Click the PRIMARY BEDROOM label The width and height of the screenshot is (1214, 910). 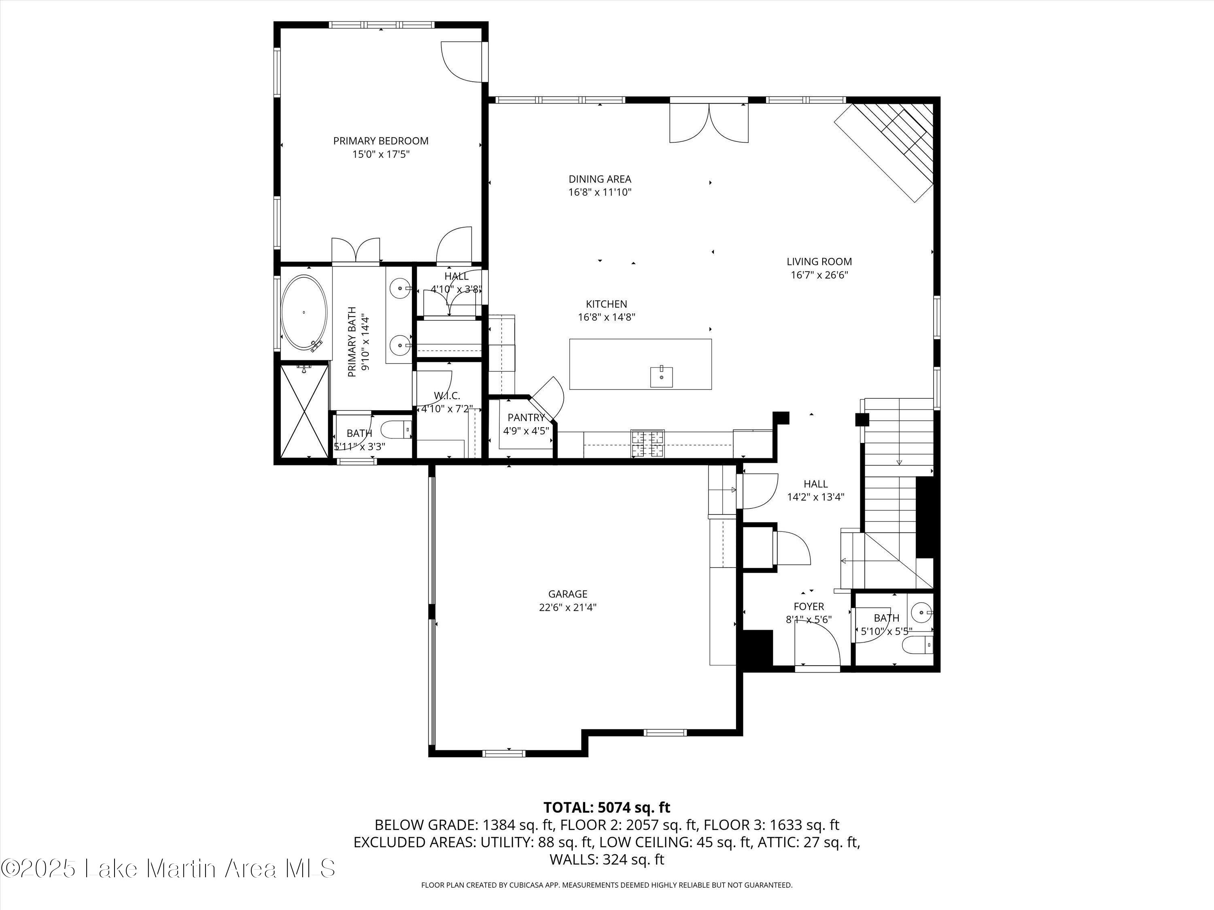[380, 141]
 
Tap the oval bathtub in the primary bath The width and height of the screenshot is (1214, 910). [304, 313]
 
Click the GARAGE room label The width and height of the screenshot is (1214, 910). [567, 594]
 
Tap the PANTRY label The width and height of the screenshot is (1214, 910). [526, 418]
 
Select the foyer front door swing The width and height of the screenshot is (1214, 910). [818, 647]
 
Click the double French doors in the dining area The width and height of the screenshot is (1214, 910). [709, 123]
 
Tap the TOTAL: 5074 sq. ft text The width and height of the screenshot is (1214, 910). [607, 807]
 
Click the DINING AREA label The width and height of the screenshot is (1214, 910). [599, 179]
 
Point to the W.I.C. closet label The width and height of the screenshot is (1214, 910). [447, 396]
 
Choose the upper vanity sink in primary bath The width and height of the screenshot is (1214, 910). [401, 288]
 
